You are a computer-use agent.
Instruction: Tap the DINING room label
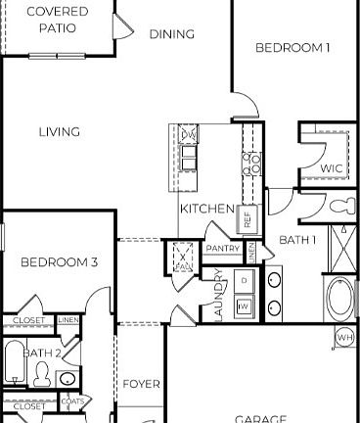172,34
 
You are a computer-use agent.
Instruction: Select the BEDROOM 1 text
292,47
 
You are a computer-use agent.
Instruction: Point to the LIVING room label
60,132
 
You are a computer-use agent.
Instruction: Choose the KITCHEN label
206,209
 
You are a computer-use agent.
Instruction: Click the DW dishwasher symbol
189,134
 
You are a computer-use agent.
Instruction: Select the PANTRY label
223,249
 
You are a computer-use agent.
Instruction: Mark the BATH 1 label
298,240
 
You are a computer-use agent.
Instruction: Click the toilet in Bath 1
342,207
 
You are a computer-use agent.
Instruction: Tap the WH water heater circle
344,338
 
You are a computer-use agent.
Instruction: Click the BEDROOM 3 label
60,261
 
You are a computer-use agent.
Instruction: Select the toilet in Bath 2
42,372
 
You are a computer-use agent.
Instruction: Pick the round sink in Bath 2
67,378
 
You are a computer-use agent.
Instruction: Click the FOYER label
141,384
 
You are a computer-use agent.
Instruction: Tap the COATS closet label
72,400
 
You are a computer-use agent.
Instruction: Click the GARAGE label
260,418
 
